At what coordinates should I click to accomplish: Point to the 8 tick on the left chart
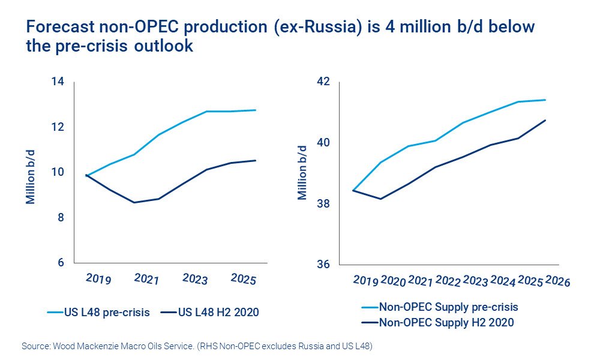click(60, 217)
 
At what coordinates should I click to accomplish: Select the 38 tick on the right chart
click(324, 204)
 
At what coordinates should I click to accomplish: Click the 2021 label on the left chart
click(146, 280)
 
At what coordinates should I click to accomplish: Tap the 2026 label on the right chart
click(558, 281)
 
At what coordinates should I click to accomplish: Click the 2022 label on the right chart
click(448, 281)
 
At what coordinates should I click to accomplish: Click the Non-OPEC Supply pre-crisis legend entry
click(448, 307)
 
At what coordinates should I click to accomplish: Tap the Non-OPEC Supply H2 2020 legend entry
click(446, 322)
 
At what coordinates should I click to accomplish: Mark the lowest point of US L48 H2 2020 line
click(134, 202)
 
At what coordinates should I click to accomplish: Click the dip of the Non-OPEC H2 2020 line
click(380, 199)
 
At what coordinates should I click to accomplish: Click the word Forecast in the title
click(58, 27)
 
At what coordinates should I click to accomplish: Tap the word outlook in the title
click(164, 46)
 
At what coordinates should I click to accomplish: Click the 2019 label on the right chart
click(365, 281)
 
